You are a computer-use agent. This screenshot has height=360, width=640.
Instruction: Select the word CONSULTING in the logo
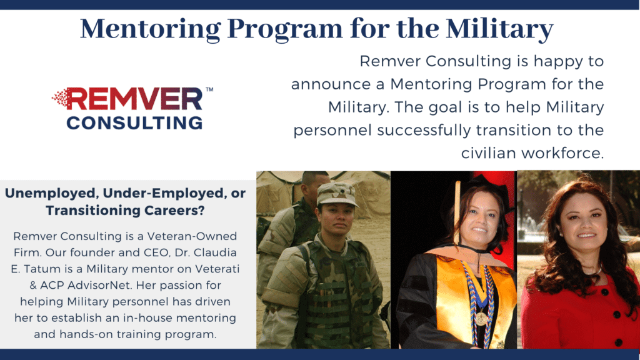click(134, 121)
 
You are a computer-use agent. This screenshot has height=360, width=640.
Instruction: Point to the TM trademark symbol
click(209, 90)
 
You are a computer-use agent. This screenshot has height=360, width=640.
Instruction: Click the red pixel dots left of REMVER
click(59, 97)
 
